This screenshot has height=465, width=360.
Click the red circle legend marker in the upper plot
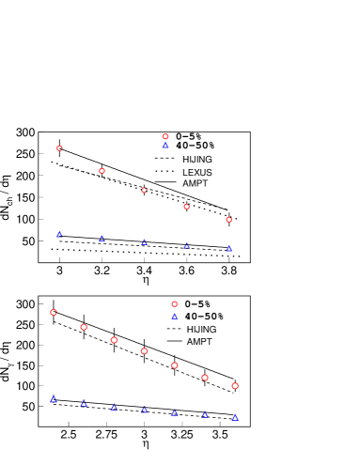coord(165,136)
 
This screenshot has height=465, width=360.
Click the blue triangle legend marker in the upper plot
coord(165,145)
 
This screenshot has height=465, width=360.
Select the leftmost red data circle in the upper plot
coord(59,147)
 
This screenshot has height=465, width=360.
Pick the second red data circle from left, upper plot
coord(102,171)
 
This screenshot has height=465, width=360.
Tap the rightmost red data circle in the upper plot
coord(228,220)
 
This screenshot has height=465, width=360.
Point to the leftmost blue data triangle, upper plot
coord(59,234)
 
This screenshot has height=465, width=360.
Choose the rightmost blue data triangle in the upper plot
coord(228,248)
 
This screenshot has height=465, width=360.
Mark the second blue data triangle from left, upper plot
coord(102,238)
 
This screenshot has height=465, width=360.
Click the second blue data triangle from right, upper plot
coord(186,245)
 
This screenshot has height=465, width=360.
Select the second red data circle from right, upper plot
coord(186,207)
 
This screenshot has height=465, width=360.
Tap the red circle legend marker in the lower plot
coord(174,304)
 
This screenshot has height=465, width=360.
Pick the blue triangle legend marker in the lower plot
coord(174,316)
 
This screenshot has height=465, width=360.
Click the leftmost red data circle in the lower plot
coord(54,312)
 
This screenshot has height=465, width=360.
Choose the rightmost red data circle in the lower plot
coord(235,386)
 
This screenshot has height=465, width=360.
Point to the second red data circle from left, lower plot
coord(84,327)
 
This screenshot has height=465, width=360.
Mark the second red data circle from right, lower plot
coord(204,378)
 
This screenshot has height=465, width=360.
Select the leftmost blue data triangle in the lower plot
coord(54,399)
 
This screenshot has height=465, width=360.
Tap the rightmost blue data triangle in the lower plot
coord(235,416)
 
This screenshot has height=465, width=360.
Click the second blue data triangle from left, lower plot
coord(84,403)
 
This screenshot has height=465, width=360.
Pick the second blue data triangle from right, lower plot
coord(204,414)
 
